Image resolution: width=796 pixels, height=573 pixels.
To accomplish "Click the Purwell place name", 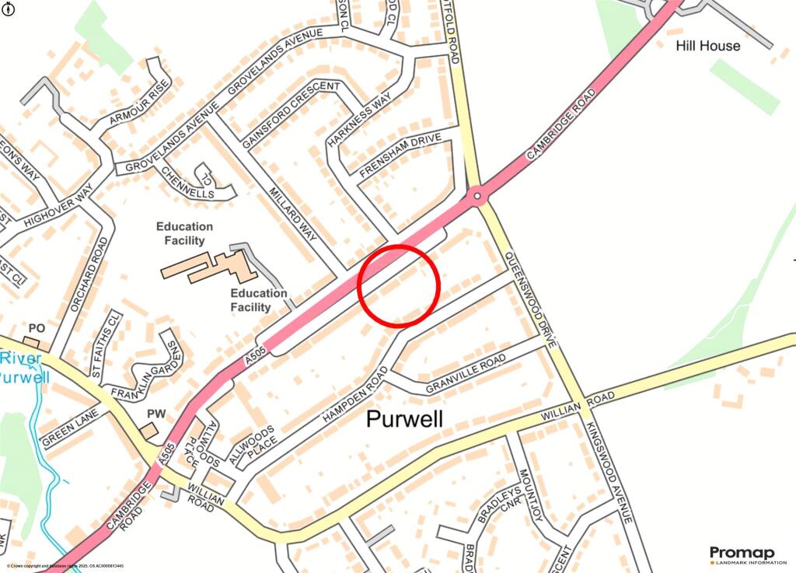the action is coord(404,419).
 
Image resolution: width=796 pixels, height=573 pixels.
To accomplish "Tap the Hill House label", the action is coord(707,45).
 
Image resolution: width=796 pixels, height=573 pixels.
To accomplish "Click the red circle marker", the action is coord(400,285).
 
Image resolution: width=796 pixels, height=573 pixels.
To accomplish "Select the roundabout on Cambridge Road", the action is coord(477,195).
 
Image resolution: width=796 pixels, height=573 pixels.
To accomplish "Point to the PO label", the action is coord(37,329).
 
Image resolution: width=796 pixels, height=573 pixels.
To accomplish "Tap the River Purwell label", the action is coord(23,368).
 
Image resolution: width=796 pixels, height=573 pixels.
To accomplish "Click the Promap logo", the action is coord(742,555).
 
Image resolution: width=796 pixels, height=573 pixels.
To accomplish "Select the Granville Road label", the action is coord(466,373).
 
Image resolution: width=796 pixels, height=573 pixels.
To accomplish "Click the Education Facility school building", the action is coord(210,267).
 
